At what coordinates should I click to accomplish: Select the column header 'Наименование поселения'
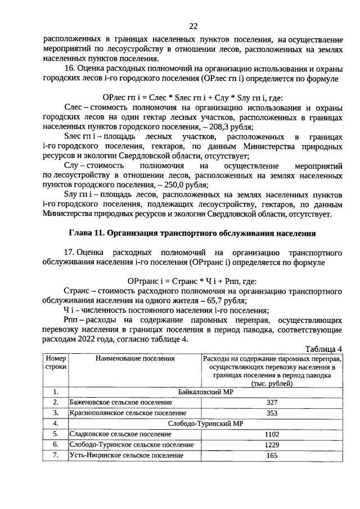click(x=135, y=358)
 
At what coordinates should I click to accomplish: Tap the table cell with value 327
click(x=272, y=403)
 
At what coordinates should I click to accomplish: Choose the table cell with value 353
click(x=272, y=413)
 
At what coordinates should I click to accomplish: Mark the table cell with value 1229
click(x=272, y=445)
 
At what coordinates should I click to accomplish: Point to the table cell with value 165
click(x=272, y=456)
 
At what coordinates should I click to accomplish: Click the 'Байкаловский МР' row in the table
click(x=205, y=392)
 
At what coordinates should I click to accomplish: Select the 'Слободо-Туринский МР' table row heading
click(x=205, y=424)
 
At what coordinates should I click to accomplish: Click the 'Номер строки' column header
click(x=56, y=362)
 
